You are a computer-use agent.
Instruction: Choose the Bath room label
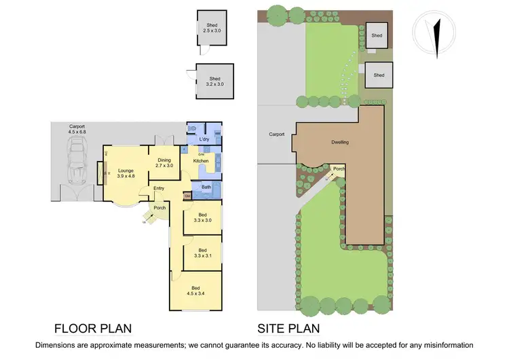[x=206, y=186]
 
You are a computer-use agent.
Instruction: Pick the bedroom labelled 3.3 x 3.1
[x=203, y=253]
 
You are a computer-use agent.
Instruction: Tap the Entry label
[x=159, y=188]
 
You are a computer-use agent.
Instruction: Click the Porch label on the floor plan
[x=160, y=208]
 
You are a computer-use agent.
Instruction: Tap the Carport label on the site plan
[x=276, y=134]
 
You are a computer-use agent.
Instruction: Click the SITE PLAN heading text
[x=288, y=329]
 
